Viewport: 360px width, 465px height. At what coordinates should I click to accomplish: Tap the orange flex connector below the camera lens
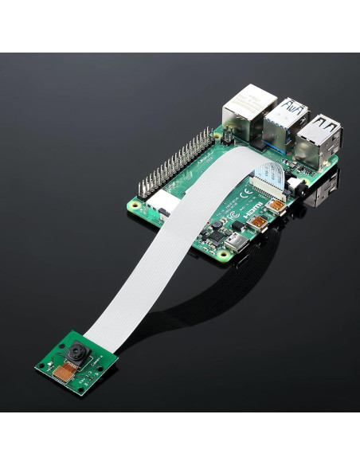click(x=65, y=367)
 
